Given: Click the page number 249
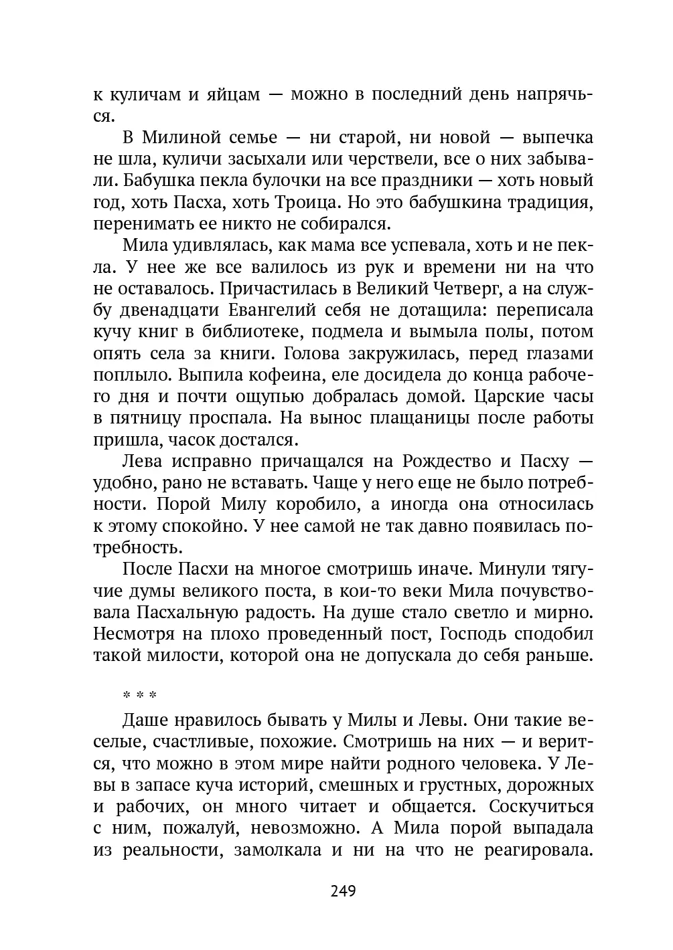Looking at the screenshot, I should [x=343, y=891].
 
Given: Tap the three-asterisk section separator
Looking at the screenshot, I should [x=139, y=696].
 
